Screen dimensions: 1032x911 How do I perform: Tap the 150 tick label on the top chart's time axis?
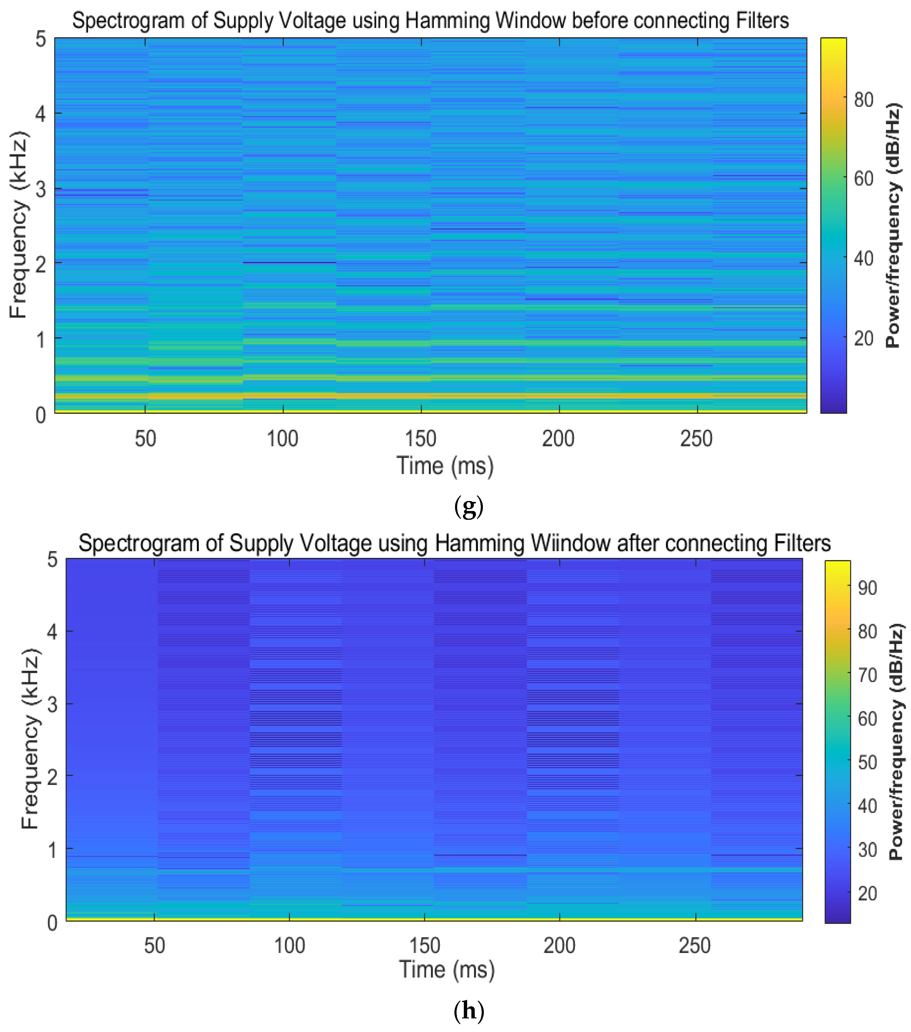[x=421, y=439]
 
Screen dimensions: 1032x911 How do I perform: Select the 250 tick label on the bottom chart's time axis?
[x=695, y=946]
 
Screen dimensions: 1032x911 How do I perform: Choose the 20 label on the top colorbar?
[x=863, y=338]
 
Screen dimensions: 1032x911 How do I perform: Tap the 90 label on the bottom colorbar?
[x=867, y=588]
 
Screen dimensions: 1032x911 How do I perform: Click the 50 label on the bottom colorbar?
[x=867, y=762]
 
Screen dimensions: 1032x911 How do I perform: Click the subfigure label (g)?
[x=469, y=506]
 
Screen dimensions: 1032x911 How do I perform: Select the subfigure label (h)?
[x=469, y=1011]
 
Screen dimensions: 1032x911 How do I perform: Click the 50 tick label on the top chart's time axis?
[x=146, y=439]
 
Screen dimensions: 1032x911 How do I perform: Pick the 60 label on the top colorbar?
[x=863, y=179]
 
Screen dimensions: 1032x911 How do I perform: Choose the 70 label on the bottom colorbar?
[x=867, y=675]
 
